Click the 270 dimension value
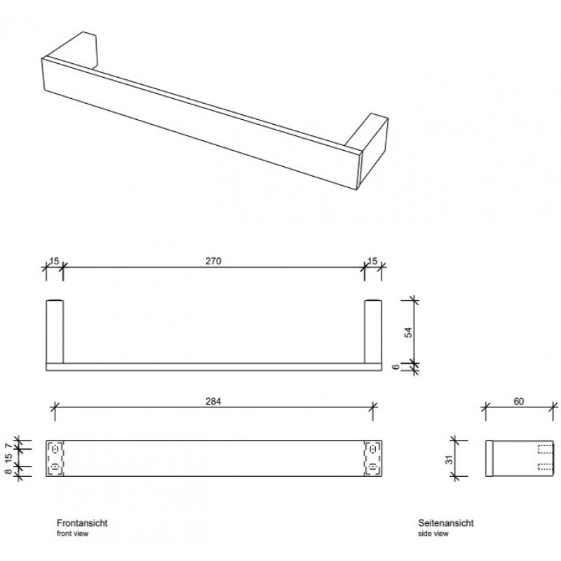click(213, 261)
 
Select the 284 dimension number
click(213, 401)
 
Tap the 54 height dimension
click(408, 332)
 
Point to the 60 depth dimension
click(519, 401)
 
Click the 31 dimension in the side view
click(450, 459)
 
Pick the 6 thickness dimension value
click(396, 367)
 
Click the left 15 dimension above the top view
click(54, 261)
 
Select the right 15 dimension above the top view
click(372, 261)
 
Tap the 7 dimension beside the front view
click(8, 446)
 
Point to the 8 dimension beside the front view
click(8, 471)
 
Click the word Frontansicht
click(82, 522)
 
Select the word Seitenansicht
click(446, 522)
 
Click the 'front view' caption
click(73, 534)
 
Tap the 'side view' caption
click(433, 534)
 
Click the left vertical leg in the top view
click(55, 332)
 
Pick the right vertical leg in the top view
click(373, 332)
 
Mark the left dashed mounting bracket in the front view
click(55, 459)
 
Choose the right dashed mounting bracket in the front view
click(372, 459)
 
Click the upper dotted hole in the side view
click(546, 448)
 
